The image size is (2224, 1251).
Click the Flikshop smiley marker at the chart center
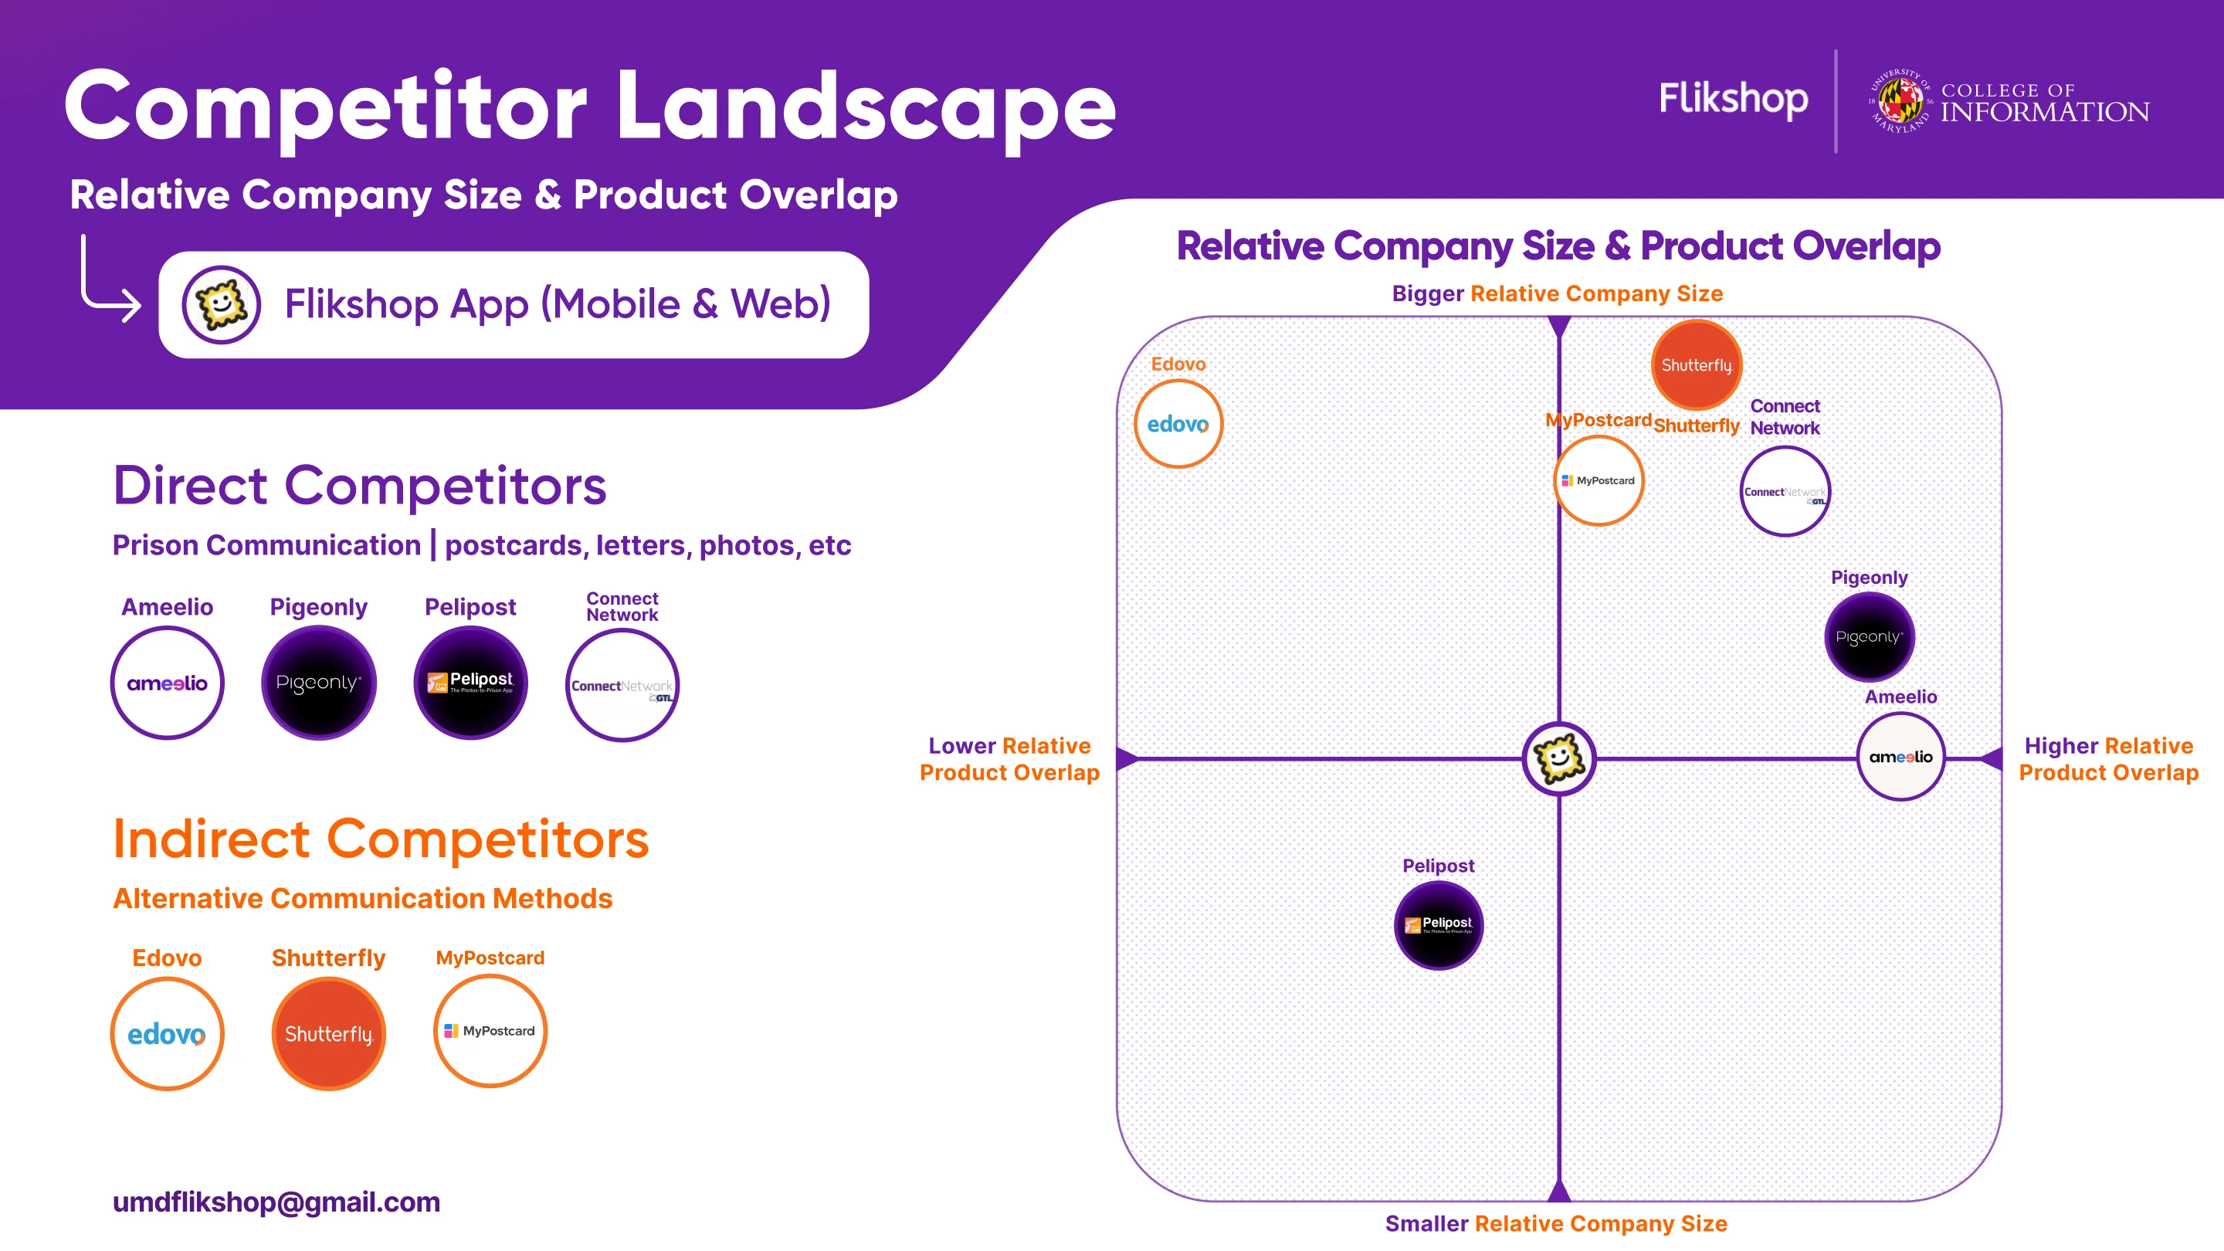click(x=1558, y=759)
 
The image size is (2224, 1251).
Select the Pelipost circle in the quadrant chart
click(x=1439, y=924)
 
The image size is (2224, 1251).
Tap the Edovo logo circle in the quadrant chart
click(x=1178, y=424)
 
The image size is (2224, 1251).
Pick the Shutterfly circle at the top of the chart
click(x=1697, y=364)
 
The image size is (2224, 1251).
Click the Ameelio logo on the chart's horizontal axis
click(x=1900, y=757)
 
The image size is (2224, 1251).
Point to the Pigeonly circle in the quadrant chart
click(x=1869, y=637)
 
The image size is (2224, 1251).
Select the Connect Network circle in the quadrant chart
click(x=1785, y=491)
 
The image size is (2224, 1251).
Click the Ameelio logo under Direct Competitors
click(x=167, y=683)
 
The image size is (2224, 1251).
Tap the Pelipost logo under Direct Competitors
click(x=470, y=683)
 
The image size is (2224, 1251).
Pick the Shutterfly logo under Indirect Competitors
click(x=328, y=1033)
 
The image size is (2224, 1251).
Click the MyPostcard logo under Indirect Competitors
click(x=490, y=1031)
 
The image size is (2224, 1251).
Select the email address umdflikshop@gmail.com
click(x=276, y=1202)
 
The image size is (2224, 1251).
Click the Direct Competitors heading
click(x=359, y=485)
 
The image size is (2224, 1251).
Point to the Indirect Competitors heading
click(x=381, y=839)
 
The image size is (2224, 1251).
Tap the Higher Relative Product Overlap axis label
click(x=2107, y=759)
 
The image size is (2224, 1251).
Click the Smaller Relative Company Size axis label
click(x=1556, y=1223)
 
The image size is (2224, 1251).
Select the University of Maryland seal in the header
click(x=1900, y=101)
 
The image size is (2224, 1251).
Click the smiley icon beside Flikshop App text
click(x=221, y=304)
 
